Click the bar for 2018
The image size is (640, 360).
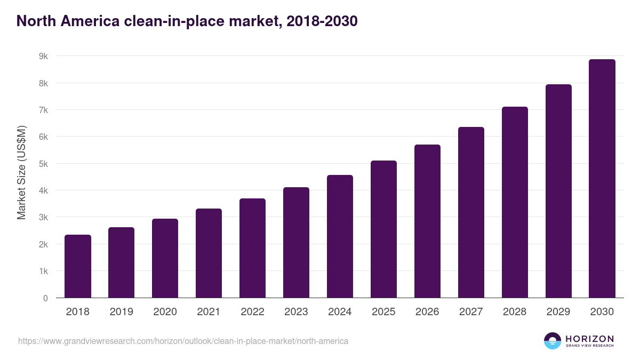[x=78, y=266]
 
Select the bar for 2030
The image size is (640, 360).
[x=602, y=179]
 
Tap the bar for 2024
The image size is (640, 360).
[x=340, y=236]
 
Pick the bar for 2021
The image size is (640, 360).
[x=209, y=253]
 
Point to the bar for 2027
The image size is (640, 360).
[x=471, y=212]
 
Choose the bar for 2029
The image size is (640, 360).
[x=558, y=191]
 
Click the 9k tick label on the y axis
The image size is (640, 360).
[x=43, y=56]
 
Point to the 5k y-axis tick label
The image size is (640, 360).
[x=43, y=164]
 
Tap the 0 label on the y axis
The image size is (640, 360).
[x=45, y=298]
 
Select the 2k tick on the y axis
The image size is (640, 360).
[x=43, y=244]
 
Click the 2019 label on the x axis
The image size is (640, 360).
[x=121, y=312]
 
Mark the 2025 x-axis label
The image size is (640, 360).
[x=383, y=312]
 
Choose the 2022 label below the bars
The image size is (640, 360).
[x=252, y=312]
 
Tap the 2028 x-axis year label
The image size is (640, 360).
[x=515, y=312]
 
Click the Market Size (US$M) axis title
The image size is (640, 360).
[x=21, y=172]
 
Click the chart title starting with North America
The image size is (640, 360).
[x=187, y=21]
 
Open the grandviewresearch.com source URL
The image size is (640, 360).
[x=183, y=341]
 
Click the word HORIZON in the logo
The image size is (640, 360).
[x=589, y=339]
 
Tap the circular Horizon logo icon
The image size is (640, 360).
[x=552, y=341]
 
